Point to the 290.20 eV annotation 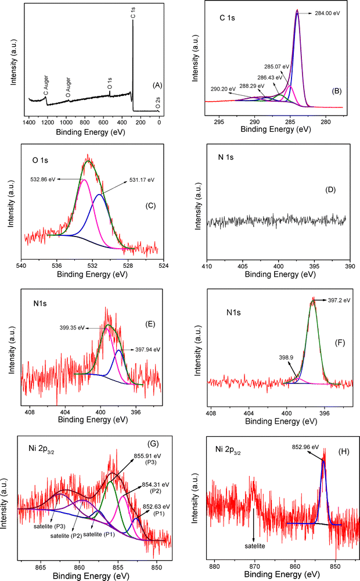tap(224, 88)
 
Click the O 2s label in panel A tap(157, 103)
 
